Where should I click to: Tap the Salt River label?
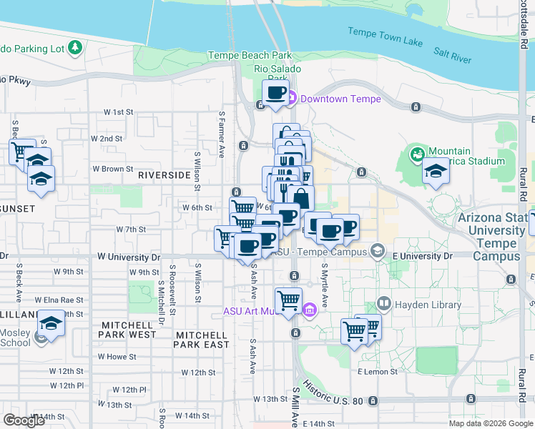(x=452, y=55)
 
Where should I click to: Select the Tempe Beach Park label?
(x=250, y=55)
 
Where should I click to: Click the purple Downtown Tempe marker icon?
(x=293, y=99)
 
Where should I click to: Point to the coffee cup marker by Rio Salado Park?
(x=276, y=92)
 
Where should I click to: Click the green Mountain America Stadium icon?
(x=416, y=154)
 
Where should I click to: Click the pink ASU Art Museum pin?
(x=309, y=310)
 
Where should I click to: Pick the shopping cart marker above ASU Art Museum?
(x=288, y=300)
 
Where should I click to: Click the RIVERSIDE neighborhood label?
(x=164, y=174)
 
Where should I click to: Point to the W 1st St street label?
(x=119, y=112)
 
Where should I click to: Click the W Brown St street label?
(x=108, y=169)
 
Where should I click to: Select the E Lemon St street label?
(x=378, y=372)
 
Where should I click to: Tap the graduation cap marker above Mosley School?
(x=51, y=325)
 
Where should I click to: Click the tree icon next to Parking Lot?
(x=75, y=48)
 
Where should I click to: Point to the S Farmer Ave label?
(x=222, y=134)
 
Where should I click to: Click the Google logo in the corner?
(x=24, y=420)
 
